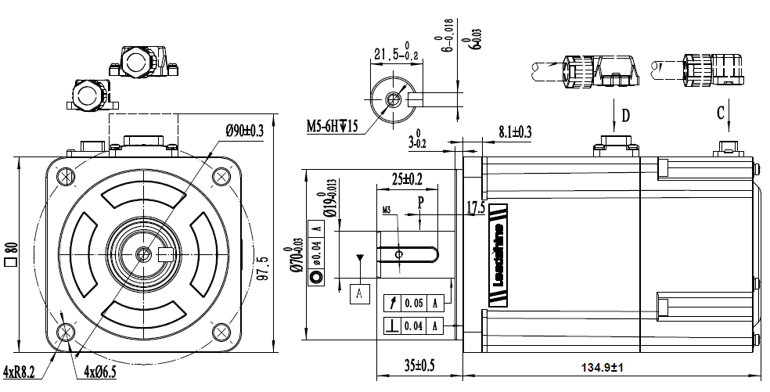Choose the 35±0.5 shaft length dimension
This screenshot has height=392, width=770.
point(419,365)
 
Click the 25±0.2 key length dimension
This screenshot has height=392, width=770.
point(407,178)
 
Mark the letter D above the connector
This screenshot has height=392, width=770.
point(625,116)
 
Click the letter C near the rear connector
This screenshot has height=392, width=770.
point(720,112)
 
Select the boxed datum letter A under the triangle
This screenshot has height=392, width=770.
point(359,293)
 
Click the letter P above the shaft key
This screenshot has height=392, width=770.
point(420,201)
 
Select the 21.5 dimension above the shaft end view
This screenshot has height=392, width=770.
point(398,55)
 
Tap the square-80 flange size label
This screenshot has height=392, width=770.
point(11,254)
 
